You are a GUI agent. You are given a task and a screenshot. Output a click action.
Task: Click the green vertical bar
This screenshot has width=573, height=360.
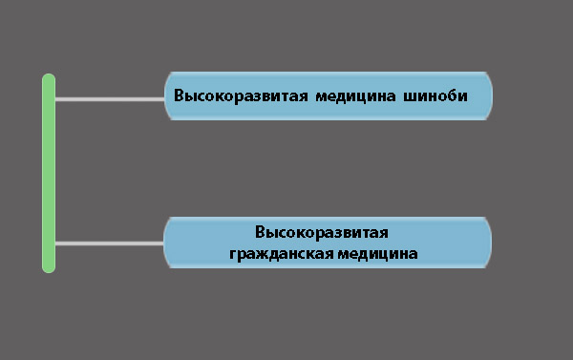(x=49, y=172)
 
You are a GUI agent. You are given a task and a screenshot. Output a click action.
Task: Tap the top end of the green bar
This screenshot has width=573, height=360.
(x=49, y=77)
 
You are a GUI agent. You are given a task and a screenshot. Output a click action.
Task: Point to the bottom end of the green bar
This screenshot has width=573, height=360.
(x=49, y=267)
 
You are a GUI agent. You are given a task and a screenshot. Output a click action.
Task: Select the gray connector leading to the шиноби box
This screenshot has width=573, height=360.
(x=110, y=98)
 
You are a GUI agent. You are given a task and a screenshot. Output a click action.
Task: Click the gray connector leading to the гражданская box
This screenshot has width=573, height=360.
(x=110, y=243)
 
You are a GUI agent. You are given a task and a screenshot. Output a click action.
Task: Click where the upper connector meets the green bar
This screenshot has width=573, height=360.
(x=54, y=98)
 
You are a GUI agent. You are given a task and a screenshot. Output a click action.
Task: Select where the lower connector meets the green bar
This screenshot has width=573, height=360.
(x=54, y=243)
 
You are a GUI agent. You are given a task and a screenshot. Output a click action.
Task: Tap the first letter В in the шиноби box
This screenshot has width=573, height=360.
(x=179, y=95)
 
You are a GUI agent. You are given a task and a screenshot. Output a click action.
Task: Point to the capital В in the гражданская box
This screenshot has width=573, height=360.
(x=261, y=232)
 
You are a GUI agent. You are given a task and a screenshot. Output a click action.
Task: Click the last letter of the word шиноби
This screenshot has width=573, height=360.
(x=464, y=95)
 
